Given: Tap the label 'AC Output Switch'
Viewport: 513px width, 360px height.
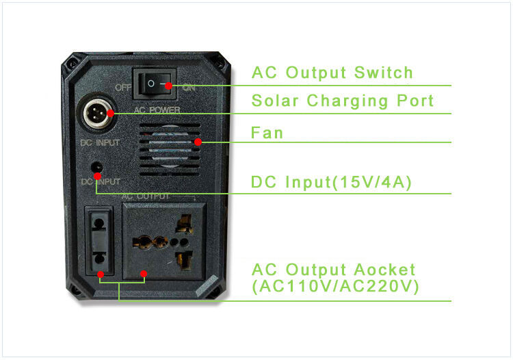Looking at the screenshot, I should tap(332, 73).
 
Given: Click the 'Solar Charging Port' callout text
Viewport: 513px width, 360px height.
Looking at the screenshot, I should tap(343, 101).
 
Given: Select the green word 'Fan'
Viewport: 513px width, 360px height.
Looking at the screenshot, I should tap(267, 132).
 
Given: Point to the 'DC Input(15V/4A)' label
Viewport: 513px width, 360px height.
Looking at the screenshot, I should tap(331, 182).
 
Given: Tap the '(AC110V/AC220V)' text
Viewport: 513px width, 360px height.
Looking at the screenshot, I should tap(335, 287).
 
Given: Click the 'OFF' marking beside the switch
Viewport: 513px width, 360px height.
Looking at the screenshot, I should tap(123, 88).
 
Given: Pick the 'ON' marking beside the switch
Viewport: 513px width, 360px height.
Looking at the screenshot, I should tap(189, 88).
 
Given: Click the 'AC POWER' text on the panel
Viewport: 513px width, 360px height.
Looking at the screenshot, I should tap(157, 110).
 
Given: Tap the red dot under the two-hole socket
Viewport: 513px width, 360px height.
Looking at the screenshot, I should tap(101, 274).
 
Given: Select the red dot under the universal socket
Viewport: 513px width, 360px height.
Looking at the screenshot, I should tap(144, 274).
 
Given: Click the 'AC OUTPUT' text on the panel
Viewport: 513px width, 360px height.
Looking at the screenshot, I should tap(145, 196).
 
